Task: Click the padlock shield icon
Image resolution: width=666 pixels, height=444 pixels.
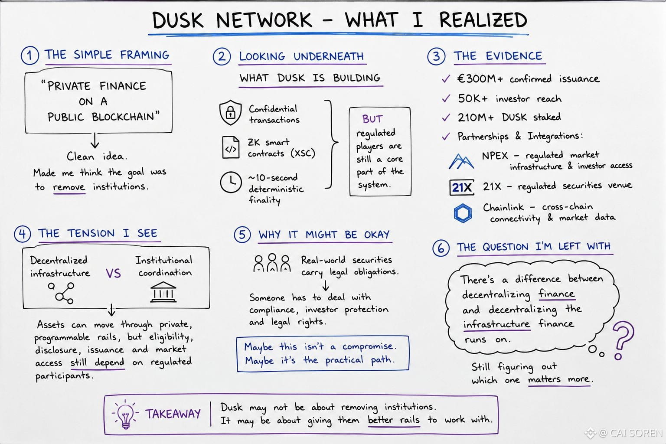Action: coord(230,112)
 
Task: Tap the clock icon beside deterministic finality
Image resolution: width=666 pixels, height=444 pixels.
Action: coord(231,182)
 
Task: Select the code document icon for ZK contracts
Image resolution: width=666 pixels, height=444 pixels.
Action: coord(231,147)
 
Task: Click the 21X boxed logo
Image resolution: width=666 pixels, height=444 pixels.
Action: coord(462,187)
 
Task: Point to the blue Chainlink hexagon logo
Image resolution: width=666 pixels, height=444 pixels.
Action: coord(463,213)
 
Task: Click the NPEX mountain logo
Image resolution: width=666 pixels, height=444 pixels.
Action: coord(461,161)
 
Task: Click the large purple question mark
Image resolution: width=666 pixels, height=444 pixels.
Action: coord(623,340)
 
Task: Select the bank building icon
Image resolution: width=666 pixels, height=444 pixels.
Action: coord(163,292)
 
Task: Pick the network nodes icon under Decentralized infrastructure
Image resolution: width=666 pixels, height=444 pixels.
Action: coord(62,293)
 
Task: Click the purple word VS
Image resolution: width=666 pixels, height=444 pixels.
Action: coord(113,273)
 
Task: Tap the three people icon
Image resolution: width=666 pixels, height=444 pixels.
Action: coord(272,263)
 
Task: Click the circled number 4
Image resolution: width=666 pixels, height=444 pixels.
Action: coord(22,234)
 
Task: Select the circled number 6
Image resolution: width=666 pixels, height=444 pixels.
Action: coord(441,248)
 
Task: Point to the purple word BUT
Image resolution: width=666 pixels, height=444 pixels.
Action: coord(372,119)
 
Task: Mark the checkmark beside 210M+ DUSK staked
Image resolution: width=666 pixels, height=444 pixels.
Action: coord(446,118)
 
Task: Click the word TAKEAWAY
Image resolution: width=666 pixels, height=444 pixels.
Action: coord(173,414)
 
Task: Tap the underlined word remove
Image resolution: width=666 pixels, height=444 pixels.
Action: coord(69,187)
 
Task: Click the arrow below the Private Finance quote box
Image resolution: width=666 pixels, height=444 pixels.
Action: coord(95,140)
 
